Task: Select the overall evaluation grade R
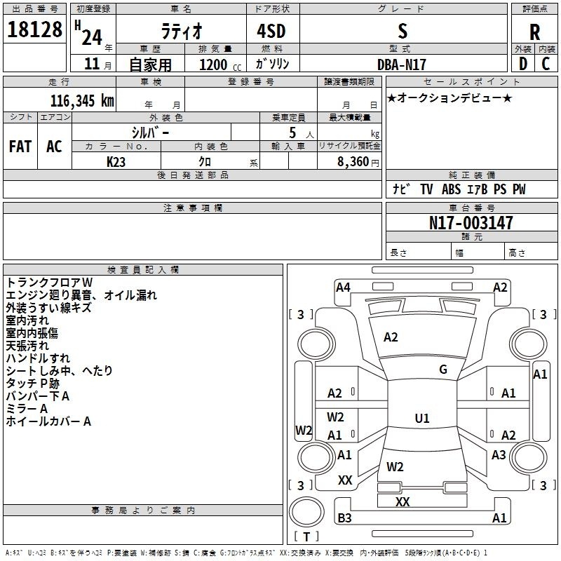[534, 32]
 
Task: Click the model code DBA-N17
[402, 64]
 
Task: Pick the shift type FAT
[20, 147]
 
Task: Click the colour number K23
[116, 161]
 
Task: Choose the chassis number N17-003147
[471, 223]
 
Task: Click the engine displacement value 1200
[213, 65]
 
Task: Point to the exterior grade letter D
[522, 64]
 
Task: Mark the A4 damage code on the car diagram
[343, 287]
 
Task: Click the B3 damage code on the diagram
[344, 518]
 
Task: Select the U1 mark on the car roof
[421, 419]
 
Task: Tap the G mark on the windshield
[443, 370]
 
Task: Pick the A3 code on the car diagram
[499, 455]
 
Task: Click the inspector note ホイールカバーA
[48, 421]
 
